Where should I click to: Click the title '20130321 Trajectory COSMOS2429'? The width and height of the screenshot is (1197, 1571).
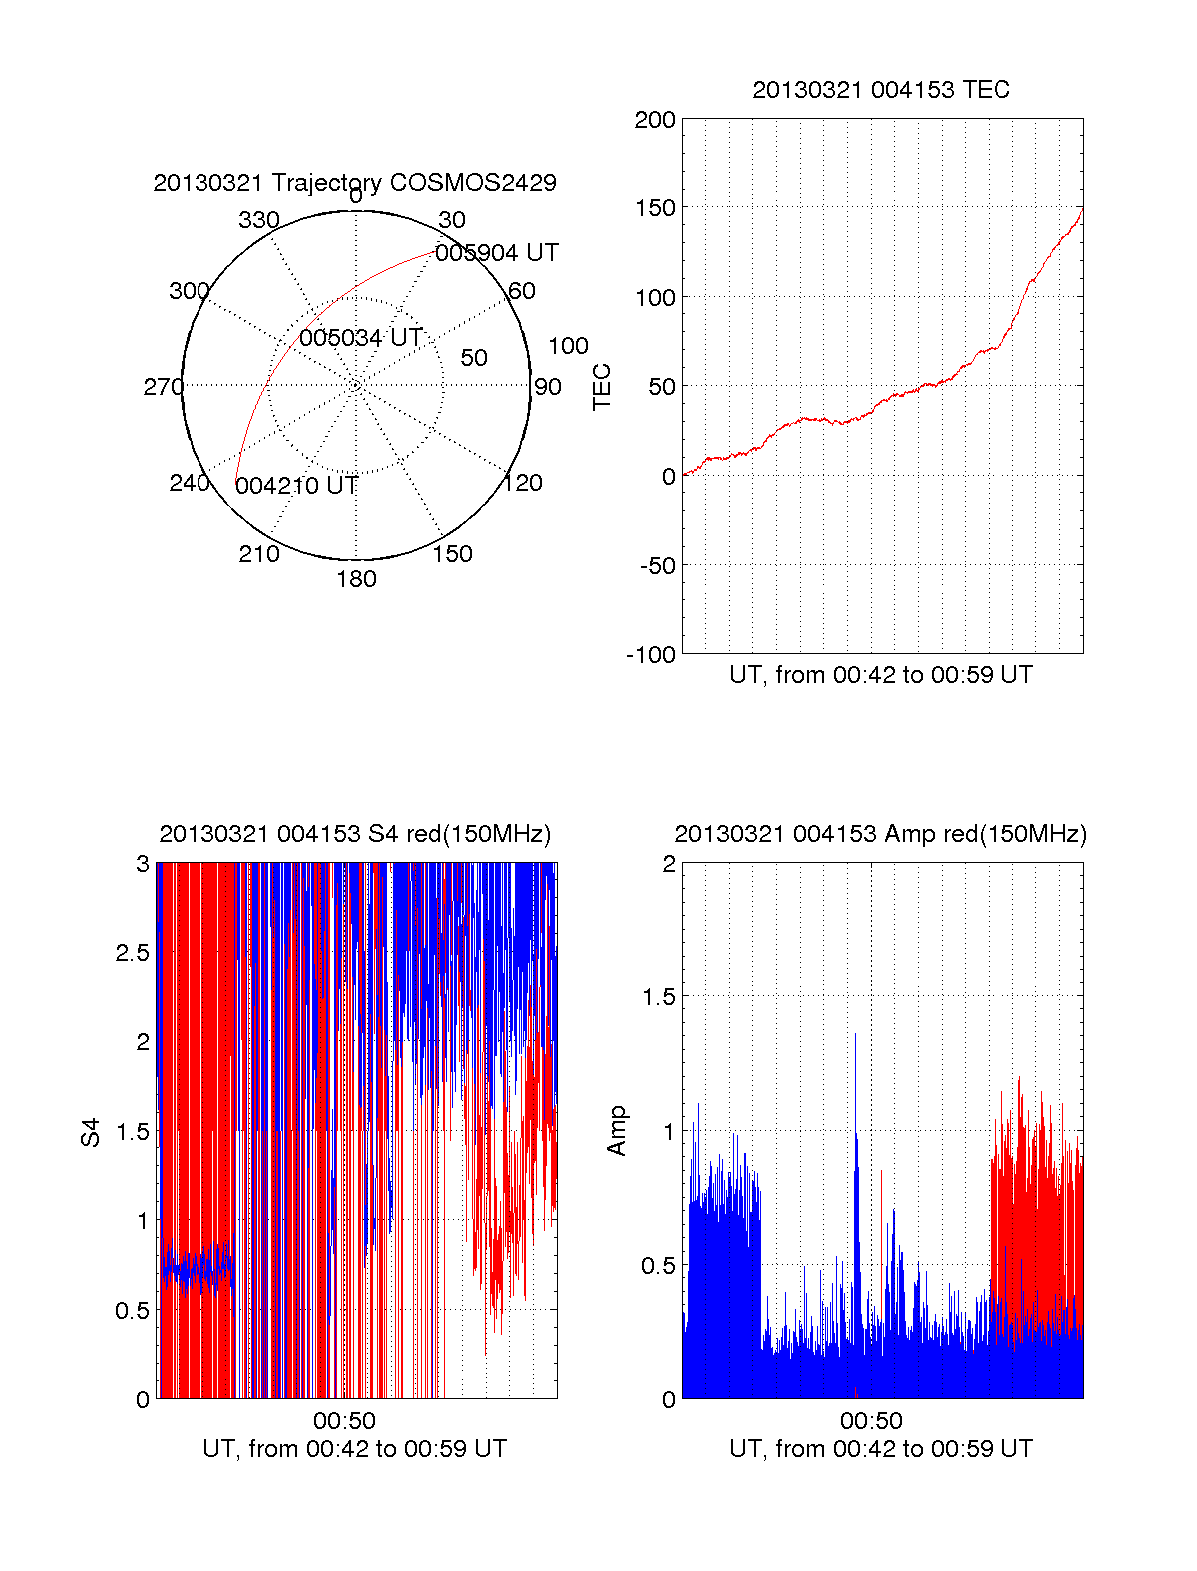tap(354, 183)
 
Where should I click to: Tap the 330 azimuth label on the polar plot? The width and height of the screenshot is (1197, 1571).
tap(258, 220)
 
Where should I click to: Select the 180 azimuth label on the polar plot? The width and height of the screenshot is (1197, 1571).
tap(356, 579)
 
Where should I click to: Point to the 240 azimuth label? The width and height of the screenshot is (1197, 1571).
tap(190, 483)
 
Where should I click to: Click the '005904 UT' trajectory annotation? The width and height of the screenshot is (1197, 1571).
tap(497, 253)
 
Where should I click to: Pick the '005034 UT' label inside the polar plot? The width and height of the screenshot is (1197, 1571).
tap(361, 338)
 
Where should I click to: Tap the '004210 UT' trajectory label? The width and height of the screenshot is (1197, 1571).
tap(297, 486)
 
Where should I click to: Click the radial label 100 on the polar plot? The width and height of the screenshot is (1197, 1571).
tap(568, 346)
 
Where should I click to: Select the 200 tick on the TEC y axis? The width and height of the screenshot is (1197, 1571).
tap(655, 121)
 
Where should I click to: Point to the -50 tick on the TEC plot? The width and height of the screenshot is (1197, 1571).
tap(657, 566)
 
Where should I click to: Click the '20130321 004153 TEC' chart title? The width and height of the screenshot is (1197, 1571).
tap(881, 90)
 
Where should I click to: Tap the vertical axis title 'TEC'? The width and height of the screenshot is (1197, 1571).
tap(601, 387)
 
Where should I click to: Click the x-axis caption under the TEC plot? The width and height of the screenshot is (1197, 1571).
tap(881, 675)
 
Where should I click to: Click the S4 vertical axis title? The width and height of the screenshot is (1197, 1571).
tap(91, 1132)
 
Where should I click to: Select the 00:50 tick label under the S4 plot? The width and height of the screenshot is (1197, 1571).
tap(344, 1420)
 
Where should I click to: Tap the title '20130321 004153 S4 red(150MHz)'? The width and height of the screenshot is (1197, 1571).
tap(354, 834)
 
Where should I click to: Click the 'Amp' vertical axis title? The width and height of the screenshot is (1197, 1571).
tap(617, 1131)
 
